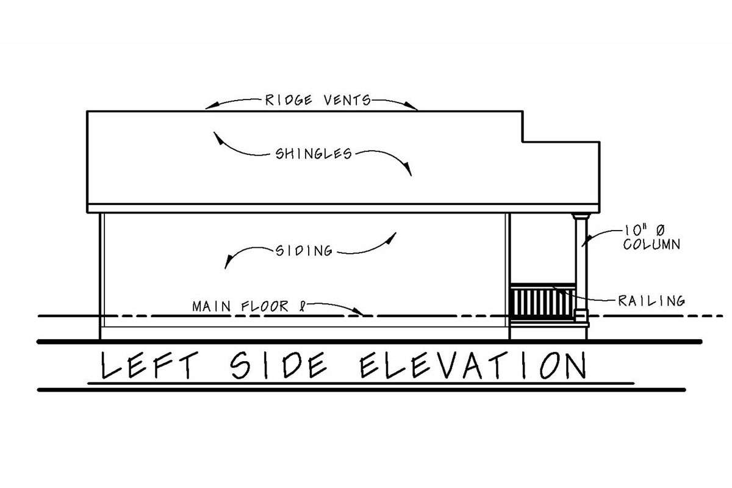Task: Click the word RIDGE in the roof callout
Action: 289,100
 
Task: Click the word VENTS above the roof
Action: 347,100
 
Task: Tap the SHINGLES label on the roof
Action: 314,154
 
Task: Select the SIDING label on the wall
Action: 304,251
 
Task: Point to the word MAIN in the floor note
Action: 212,307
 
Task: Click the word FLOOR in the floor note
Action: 265,307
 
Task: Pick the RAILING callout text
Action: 651,301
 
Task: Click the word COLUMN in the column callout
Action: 651,245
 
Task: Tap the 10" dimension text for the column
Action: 633,231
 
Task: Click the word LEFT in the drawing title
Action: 149,365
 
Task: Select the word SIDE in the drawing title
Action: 278,365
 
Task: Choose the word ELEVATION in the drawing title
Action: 473,365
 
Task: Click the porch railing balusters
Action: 542,304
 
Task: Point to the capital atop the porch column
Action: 581,216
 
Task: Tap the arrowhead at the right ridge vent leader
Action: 410,106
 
